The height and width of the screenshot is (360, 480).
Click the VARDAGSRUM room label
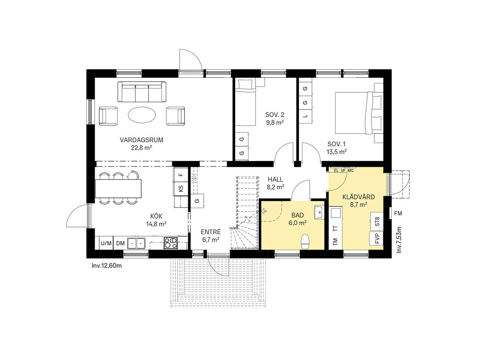[141, 140]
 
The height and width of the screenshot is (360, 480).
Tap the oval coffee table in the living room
[142, 114]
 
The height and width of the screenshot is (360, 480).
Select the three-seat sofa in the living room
[142, 91]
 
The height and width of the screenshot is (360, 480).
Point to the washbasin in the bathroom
[319, 212]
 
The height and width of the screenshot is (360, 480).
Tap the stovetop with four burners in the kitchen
[171, 243]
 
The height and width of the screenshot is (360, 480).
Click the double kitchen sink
[136, 243]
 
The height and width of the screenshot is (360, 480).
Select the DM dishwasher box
[120, 243]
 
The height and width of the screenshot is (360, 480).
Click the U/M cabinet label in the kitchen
[106, 243]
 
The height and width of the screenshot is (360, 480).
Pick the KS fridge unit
[181, 189]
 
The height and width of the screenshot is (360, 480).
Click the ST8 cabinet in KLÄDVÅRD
[376, 221]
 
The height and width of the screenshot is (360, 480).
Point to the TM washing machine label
[335, 241]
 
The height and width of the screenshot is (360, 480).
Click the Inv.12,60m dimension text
[107, 266]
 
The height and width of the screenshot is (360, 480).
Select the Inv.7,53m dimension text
[399, 240]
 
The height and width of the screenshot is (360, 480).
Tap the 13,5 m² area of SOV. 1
[336, 152]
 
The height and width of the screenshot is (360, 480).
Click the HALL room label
[275, 180]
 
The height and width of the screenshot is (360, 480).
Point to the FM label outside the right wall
[398, 213]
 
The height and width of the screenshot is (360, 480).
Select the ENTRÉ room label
[211, 232]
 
